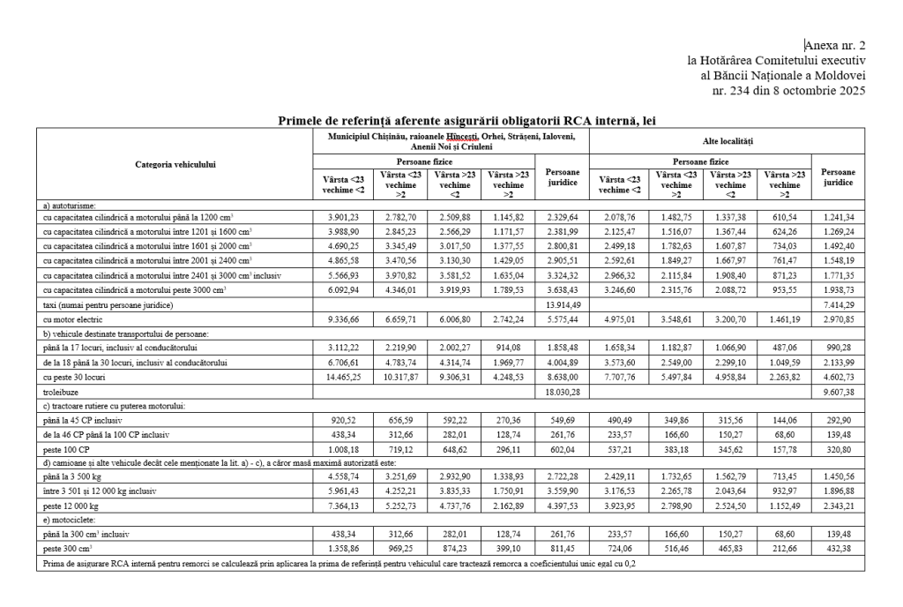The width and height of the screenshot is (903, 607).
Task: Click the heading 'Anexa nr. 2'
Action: pyautogui.click(x=836, y=44)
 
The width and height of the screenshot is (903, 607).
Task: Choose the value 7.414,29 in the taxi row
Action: pyautogui.click(x=837, y=304)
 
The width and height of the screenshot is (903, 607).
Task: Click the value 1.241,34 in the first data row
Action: pyautogui.click(x=837, y=216)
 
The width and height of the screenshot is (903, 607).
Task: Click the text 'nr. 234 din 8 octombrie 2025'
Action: pyautogui.click(x=795, y=90)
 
